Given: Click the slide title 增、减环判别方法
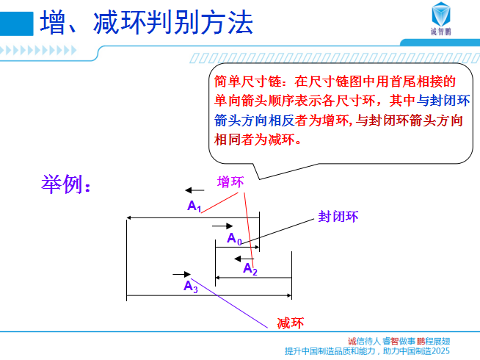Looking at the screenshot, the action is [146, 22].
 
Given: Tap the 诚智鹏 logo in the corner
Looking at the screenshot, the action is [441, 18].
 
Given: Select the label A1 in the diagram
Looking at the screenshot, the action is [194, 206].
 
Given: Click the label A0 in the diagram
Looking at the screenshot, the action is [234, 238].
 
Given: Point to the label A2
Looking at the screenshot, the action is [250, 269].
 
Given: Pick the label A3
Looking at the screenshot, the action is [190, 287].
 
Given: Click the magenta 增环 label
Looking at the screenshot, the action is [230, 182].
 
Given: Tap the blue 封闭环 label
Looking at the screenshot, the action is [338, 216].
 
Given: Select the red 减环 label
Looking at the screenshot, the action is [291, 323].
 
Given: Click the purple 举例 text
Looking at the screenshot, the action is [65, 184].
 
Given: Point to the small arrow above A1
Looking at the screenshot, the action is [194, 190].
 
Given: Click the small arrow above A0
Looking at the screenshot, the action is [222, 226].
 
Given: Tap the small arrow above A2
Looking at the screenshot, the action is [244, 259].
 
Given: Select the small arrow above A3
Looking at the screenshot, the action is [182, 274].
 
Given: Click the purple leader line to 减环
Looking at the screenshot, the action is [229, 303].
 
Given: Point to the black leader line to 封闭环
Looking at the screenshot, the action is [277, 231].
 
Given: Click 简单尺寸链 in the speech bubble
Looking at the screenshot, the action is [247, 82].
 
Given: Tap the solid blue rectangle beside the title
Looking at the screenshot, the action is [17, 24].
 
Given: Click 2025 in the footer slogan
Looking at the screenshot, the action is [440, 350].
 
